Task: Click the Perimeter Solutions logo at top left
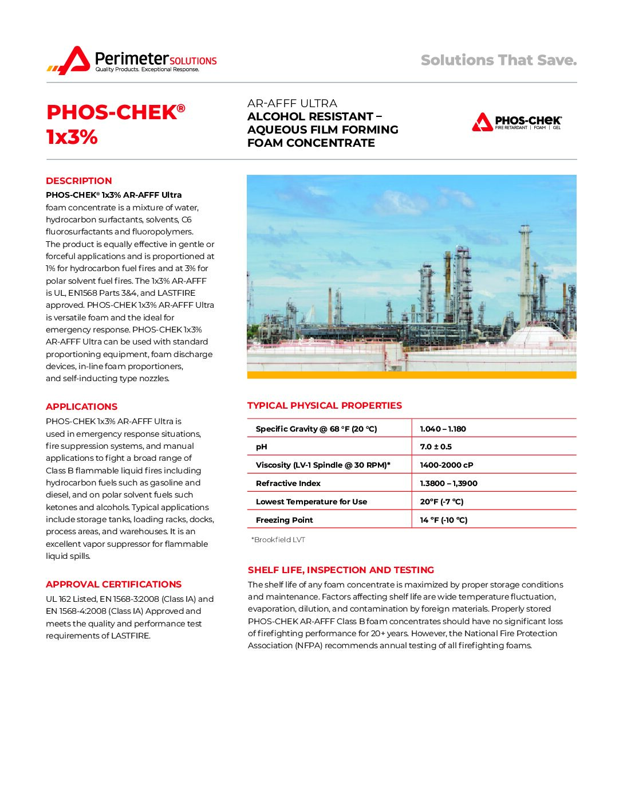click(x=132, y=60)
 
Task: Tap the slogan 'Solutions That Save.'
click(x=498, y=60)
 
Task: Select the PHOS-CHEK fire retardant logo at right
click(x=516, y=122)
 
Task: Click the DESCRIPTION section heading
click(x=79, y=181)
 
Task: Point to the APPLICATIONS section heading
click(x=81, y=406)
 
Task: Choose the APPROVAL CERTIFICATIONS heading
click(x=113, y=584)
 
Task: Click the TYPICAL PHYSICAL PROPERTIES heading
click(x=325, y=405)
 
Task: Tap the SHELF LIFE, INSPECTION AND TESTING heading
click(x=341, y=570)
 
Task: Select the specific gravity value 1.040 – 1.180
click(x=443, y=429)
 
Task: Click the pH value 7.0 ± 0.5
click(x=436, y=446)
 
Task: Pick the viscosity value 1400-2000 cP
click(x=447, y=465)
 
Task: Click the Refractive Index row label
click(x=288, y=483)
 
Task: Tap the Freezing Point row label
click(x=284, y=520)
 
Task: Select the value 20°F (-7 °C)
click(x=441, y=502)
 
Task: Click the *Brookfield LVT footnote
click(x=278, y=539)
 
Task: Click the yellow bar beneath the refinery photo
click(x=411, y=375)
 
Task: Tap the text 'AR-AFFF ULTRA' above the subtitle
click(x=292, y=103)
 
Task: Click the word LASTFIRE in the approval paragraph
click(x=130, y=636)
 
